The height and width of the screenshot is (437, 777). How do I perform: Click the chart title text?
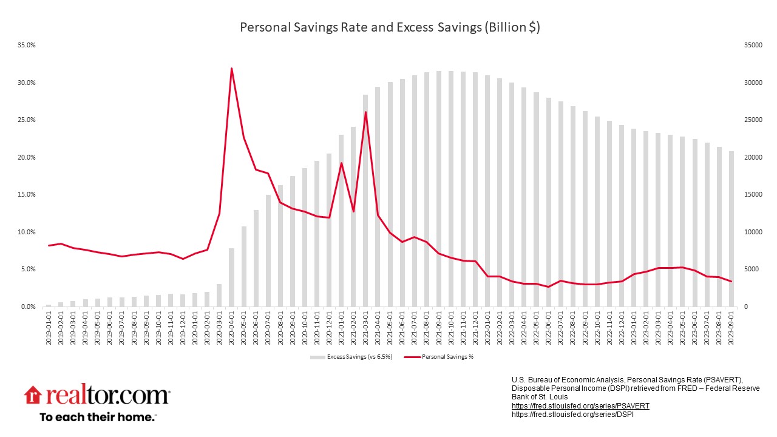[390, 27]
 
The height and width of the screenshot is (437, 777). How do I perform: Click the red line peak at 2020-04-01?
[231, 68]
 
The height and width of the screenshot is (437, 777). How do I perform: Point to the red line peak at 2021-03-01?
[365, 112]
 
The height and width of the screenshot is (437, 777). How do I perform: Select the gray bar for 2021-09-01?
[439, 189]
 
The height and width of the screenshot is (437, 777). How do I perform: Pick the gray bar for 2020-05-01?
[244, 266]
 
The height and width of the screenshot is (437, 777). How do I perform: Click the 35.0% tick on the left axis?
[27, 45]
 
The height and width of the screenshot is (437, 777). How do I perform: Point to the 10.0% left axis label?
[27, 232]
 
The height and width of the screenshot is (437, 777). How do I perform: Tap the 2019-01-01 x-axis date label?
[49, 328]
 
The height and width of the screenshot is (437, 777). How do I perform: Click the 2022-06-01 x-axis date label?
[549, 328]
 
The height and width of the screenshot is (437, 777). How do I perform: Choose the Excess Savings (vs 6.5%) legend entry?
[351, 357]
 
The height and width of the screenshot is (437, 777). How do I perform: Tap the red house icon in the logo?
[32, 395]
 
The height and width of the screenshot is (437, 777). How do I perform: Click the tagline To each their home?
[98, 417]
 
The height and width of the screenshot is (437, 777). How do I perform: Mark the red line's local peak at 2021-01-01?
[341, 163]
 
